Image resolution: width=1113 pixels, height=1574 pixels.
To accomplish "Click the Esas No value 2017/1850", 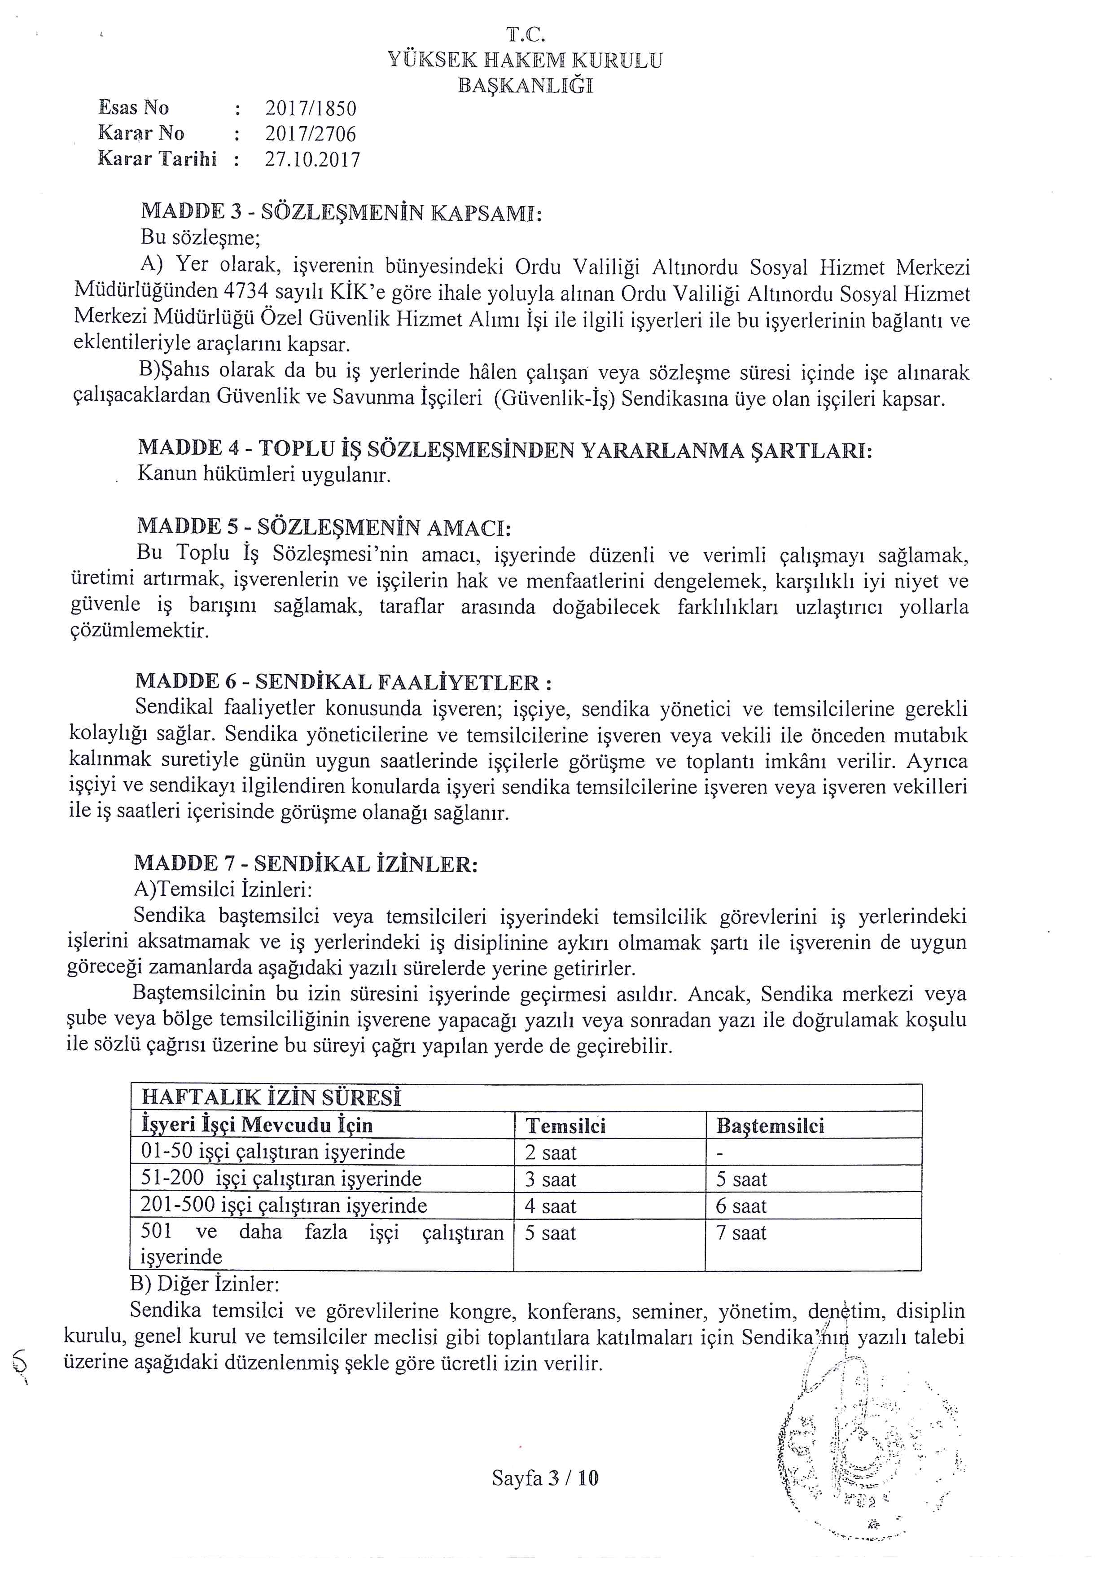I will [311, 108].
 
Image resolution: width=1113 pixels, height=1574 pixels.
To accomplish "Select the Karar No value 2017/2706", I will [311, 134].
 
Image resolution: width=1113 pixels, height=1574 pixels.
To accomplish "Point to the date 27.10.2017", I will [312, 160].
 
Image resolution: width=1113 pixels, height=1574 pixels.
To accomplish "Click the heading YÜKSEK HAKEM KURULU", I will [525, 60].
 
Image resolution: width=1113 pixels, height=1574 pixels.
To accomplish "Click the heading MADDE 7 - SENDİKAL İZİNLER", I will [306, 864].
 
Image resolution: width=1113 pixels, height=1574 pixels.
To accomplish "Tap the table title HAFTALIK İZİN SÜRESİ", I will [271, 1097].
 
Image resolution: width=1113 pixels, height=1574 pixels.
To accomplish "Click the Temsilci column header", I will [565, 1126].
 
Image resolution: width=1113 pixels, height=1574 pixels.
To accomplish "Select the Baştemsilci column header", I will [770, 1126].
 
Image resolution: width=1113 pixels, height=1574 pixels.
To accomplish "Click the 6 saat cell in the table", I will [741, 1206].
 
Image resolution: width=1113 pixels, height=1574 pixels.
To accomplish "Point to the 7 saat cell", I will [741, 1232].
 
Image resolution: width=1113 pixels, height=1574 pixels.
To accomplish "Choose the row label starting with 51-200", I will [281, 1179].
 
